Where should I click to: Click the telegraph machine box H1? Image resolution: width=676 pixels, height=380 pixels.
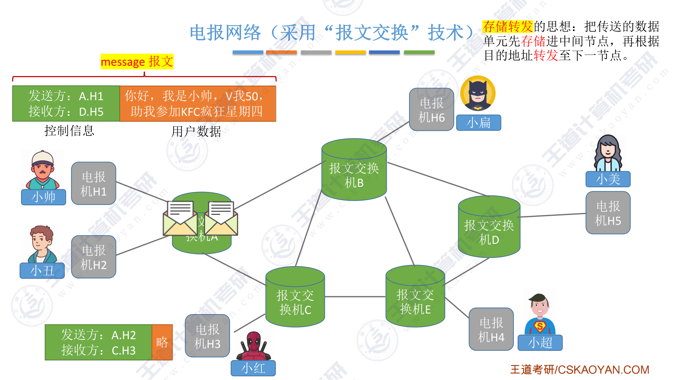coord(94,183)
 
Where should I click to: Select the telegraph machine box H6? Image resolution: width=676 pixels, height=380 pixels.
coord(431,110)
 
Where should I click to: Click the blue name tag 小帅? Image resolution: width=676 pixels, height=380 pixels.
coord(44,197)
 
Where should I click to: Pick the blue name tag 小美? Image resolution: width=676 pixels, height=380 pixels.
coord(608,179)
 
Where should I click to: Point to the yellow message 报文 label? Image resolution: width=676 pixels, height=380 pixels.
coord(137,62)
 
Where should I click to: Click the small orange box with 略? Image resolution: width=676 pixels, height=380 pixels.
coord(162,342)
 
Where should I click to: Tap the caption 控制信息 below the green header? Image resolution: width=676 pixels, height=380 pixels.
coord(69,131)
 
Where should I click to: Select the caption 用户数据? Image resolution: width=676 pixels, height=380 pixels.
coord(196,131)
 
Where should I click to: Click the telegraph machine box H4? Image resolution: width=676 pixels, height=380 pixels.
coord(491,329)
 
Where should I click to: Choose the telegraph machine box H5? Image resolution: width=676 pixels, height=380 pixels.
coord(608,213)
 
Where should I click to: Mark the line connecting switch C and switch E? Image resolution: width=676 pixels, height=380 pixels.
coord(355,297)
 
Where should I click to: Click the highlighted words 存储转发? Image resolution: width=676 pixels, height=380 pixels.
coord(507,26)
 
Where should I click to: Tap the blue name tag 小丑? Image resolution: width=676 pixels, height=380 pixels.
coord(42,271)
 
